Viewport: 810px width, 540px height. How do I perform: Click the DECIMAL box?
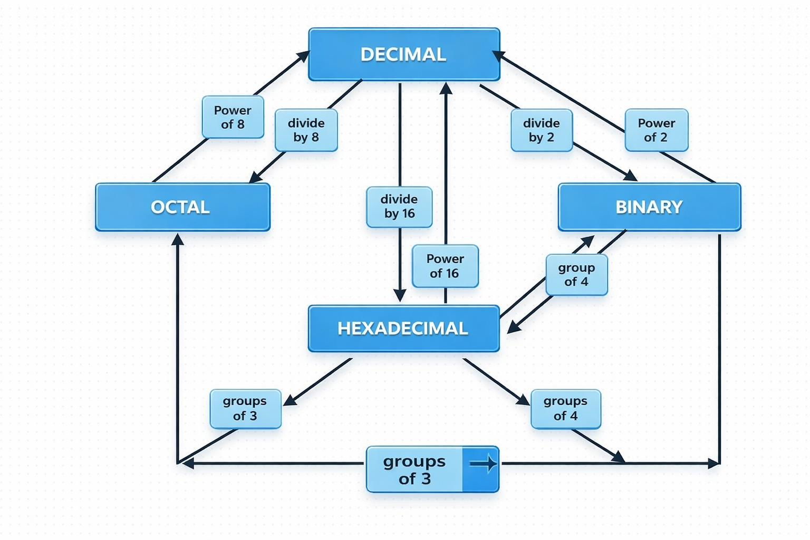click(x=404, y=54)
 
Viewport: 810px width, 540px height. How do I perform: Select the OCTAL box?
click(x=182, y=207)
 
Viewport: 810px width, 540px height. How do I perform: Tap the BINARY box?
click(x=649, y=207)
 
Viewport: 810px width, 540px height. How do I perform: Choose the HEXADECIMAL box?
click(x=403, y=328)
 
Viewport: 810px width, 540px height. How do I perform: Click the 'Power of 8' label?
click(x=233, y=117)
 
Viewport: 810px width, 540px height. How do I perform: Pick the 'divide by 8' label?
click(x=306, y=130)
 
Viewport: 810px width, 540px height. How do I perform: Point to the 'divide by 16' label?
click(x=399, y=207)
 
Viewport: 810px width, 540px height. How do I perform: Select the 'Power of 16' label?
click(x=445, y=266)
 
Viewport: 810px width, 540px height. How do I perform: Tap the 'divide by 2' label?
click(x=542, y=130)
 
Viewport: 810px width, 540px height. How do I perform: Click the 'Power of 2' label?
click(x=656, y=130)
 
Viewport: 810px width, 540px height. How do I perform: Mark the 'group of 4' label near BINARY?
click(x=576, y=275)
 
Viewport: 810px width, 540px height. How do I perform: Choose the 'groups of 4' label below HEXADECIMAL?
click(x=565, y=409)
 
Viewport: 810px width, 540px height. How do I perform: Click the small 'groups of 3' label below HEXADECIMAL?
click(x=245, y=409)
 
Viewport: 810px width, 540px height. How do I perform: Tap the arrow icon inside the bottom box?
click(x=483, y=464)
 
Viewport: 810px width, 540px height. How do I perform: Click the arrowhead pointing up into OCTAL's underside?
click(x=178, y=240)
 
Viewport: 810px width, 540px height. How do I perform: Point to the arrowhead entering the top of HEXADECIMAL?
click(x=400, y=295)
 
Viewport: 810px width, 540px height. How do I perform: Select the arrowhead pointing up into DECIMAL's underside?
click(x=446, y=88)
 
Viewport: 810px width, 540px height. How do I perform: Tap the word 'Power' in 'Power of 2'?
click(x=656, y=123)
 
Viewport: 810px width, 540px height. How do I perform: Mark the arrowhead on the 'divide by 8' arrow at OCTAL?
click(x=256, y=177)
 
